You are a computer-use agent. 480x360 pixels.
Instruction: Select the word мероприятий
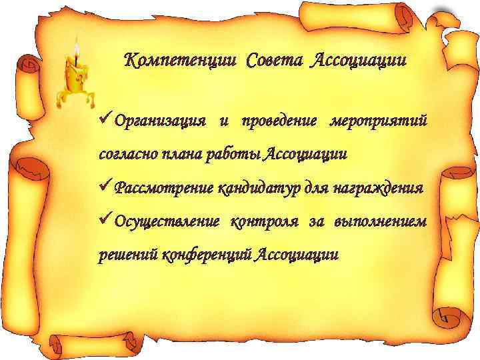tap(378, 122)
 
